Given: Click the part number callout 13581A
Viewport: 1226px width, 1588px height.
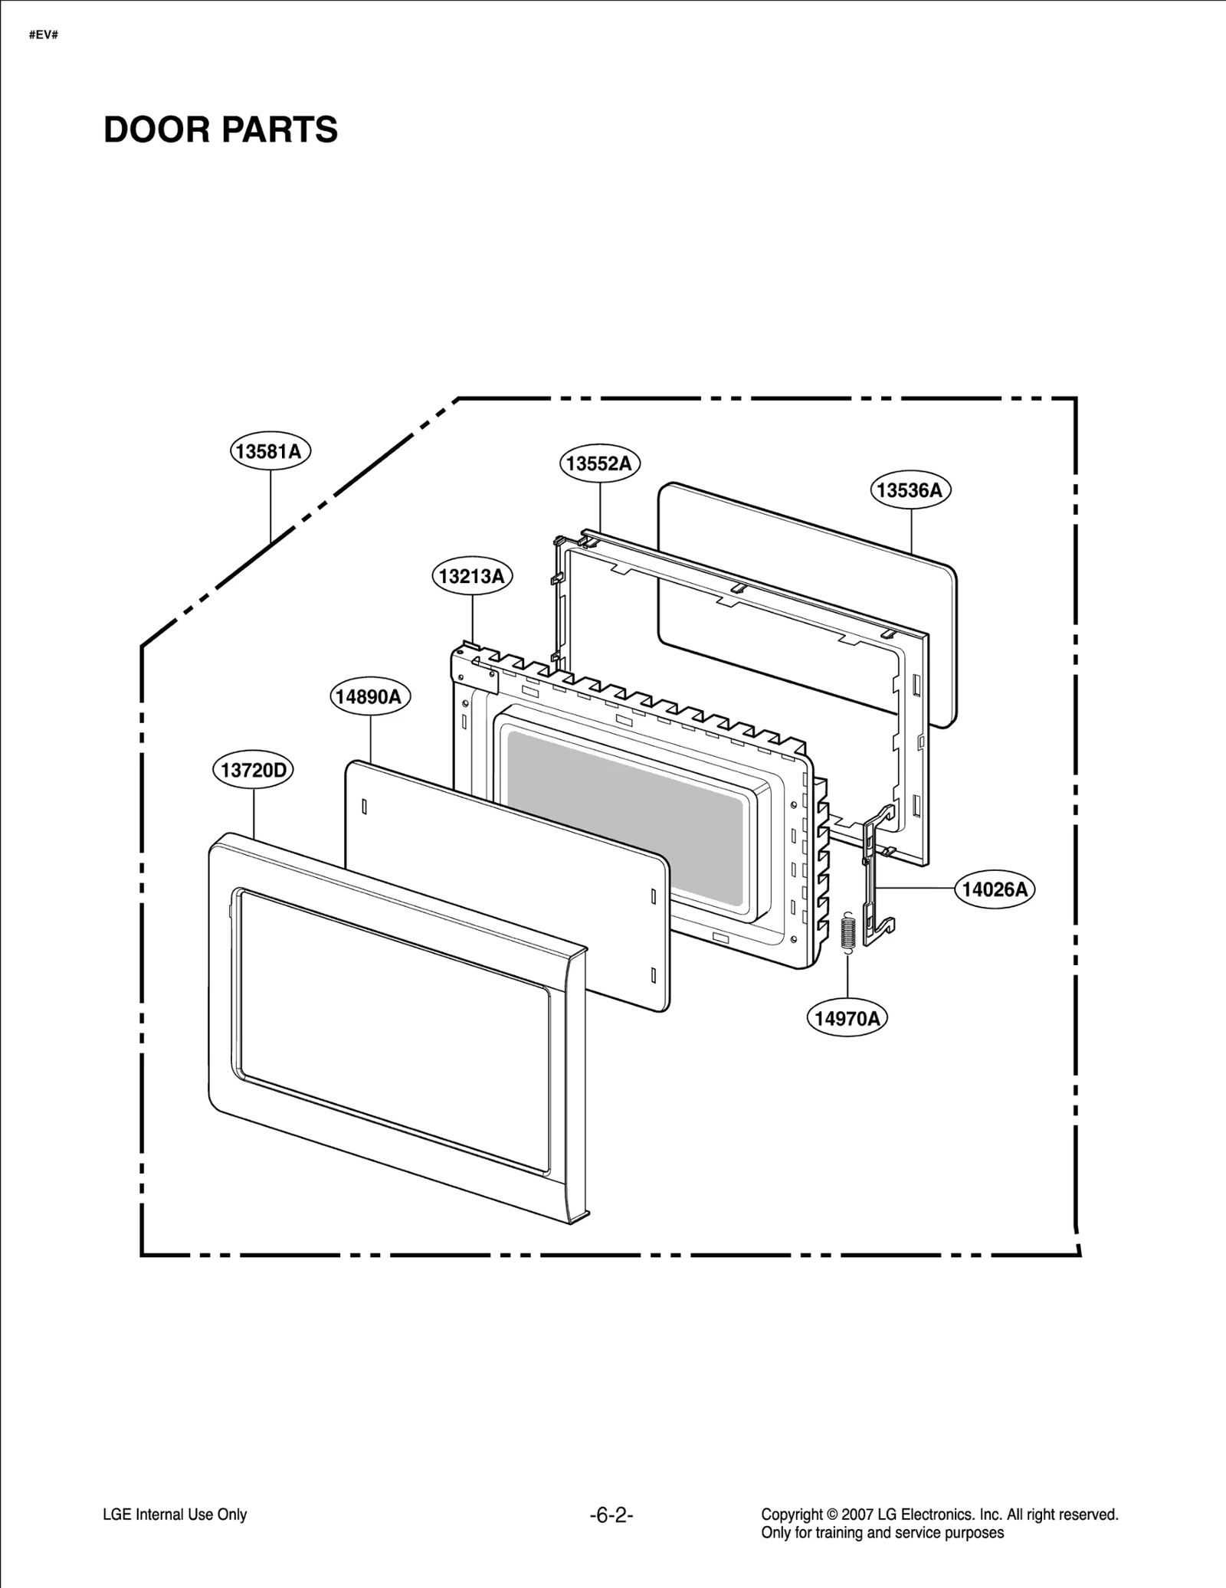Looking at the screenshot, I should click(x=270, y=451).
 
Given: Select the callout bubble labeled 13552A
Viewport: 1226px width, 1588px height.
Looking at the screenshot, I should click(x=599, y=463).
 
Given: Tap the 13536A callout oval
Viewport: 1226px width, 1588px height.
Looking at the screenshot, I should click(x=910, y=490).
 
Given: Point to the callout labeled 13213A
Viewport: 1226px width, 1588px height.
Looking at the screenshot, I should click(x=472, y=576).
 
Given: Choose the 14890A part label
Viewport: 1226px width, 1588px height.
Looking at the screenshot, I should click(x=370, y=696).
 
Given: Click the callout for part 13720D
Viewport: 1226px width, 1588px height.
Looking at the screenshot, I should click(x=253, y=770).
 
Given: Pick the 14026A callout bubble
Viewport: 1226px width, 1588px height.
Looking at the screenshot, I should click(x=995, y=889).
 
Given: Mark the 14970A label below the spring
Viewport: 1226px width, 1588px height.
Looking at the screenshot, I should click(x=847, y=1018).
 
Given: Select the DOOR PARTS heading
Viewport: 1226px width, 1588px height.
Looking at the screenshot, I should click(x=221, y=130).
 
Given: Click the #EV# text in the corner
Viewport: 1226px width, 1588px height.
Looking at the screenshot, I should click(x=44, y=35).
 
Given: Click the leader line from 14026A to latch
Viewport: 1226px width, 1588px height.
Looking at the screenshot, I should click(x=916, y=888).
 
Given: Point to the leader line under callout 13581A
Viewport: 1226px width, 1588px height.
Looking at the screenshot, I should click(x=270, y=506).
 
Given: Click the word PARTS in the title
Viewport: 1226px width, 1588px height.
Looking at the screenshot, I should click(x=280, y=130).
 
